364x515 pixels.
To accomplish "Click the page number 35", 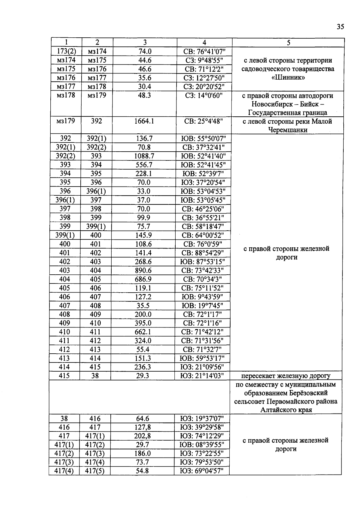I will click(340, 27).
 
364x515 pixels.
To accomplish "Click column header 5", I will click(288, 43).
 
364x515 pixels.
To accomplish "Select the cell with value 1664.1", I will click(144, 121).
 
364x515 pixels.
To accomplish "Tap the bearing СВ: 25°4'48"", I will click(204, 121).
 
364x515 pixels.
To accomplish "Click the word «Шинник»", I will click(288, 77).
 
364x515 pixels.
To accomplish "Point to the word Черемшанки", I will click(288, 130).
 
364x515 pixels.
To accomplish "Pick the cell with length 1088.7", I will click(144, 156).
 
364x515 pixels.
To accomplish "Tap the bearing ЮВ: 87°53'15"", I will click(203, 262).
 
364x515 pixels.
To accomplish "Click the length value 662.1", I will click(143, 332).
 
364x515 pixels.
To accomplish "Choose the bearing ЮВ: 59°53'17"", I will click(203, 358).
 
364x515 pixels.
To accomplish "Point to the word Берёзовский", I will click(310, 393).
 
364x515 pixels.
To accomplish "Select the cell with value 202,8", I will click(143, 436).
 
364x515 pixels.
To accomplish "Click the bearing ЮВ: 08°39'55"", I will click(202, 445).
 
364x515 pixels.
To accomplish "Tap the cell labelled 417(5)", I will click(95, 471).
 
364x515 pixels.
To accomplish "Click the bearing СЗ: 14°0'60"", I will click(204, 95).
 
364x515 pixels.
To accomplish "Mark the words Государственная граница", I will click(288, 113).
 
